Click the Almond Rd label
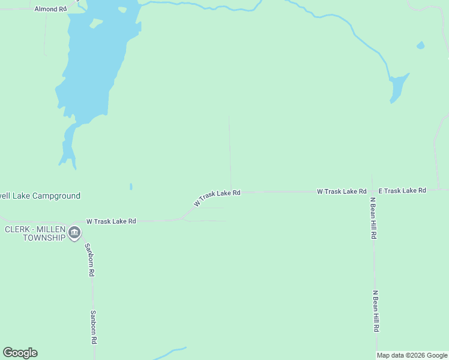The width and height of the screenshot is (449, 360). (50, 9)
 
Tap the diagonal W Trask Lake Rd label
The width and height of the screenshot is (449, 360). (217, 198)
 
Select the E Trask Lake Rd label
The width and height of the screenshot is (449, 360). (402, 190)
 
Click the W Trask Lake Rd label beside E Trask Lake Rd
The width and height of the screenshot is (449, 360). (342, 191)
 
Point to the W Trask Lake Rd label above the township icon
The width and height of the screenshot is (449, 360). (111, 221)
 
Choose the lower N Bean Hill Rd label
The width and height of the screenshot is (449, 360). (375, 311)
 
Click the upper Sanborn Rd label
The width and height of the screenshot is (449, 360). (89, 259)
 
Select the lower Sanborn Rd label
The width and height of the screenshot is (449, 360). (93, 326)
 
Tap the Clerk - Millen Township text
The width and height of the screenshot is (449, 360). (35, 233)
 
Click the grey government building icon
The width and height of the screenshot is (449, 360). (74, 233)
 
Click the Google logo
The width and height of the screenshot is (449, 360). (20, 353)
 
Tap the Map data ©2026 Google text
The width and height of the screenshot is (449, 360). (412, 355)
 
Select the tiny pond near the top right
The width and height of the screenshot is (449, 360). (420, 45)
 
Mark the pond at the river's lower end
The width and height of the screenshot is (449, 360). (397, 87)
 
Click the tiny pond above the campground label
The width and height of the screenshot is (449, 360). (131, 187)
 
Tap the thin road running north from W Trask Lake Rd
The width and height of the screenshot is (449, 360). (229, 150)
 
